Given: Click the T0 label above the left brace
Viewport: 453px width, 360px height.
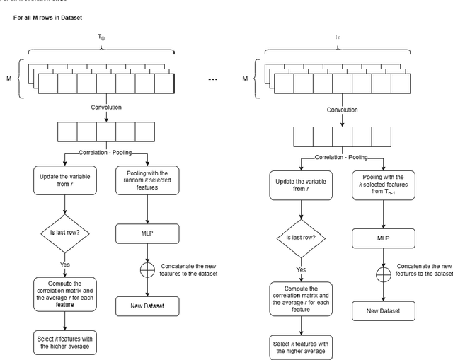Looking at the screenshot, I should (x=103, y=35).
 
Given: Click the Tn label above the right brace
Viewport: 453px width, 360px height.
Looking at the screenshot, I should (x=338, y=35).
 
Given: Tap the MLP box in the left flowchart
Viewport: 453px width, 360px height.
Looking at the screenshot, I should (x=148, y=233).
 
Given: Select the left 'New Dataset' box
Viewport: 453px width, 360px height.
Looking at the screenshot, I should (x=148, y=306).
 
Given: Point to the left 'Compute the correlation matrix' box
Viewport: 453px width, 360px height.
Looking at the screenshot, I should (x=64, y=291).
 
